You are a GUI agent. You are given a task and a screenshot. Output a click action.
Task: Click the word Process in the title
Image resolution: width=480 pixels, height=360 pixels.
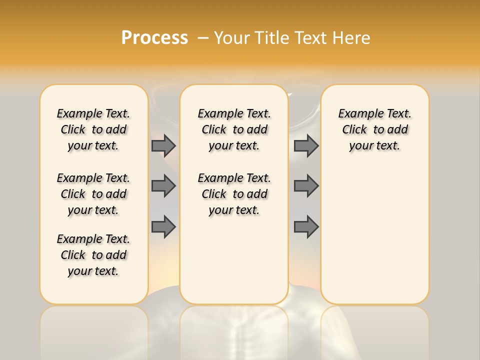pyautogui.click(x=154, y=38)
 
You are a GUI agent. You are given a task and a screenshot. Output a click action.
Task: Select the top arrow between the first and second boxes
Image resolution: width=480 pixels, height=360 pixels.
pyautogui.click(x=163, y=145)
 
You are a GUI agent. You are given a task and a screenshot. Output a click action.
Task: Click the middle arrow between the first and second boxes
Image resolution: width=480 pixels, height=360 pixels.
pyautogui.click(x=163, y=186)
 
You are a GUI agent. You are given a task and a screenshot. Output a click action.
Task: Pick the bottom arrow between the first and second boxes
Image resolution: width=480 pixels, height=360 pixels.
pyautogui.click(x=163, y=227)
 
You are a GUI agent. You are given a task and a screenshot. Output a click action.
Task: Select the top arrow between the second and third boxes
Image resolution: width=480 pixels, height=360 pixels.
pyautogui.click(x=306, y=145)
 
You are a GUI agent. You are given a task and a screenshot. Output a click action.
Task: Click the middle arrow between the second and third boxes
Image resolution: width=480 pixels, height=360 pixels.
pyautogui.click(x=306, y=186)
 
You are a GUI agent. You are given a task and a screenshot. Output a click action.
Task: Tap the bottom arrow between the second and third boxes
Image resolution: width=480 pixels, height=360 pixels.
pyautogui.click(x=306, y=227)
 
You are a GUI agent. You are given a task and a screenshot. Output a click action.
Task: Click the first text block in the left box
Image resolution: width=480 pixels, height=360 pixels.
pyautogui.click(x=93, y=129)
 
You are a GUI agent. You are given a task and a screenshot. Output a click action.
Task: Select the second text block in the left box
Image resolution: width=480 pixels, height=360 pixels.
pyautogui.click(x=93, y=194)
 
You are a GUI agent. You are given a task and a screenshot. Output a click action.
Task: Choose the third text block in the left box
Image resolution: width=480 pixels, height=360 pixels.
pyautogui.click(x=93, y=255)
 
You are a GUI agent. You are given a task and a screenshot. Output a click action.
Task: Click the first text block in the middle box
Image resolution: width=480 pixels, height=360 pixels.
pyautogui.click(x=234, y=129)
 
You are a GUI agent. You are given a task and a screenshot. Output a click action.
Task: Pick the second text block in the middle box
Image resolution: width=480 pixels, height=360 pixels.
pyautogui.click(x=234, y=194)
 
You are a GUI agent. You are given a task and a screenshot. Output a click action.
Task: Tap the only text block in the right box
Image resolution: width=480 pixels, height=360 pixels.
pyautogui.click(x=374, y=129)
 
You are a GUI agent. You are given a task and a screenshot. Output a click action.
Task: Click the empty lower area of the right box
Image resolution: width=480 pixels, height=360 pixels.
pyautogui.click(x=374, y=235)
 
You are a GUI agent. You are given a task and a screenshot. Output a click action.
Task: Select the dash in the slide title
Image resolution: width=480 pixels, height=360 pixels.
pyautogui.click(x=203, y=38)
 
